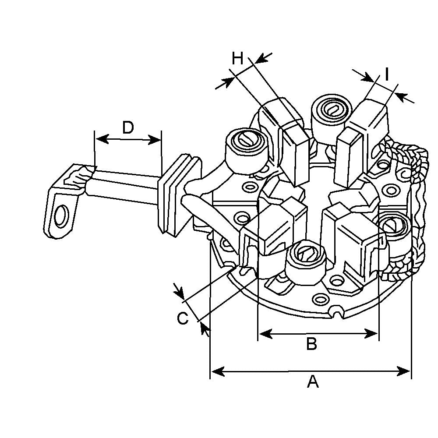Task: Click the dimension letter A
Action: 312,381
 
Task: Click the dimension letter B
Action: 311,344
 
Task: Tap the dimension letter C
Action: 183,318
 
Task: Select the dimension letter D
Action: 127,127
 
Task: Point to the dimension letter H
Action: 237,58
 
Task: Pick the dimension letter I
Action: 387,75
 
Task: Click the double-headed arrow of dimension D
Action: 128,140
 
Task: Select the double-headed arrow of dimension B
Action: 318,334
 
